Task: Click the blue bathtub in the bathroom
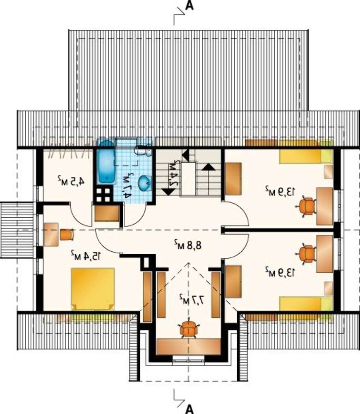(x=106, y=162)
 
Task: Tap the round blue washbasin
(x=145, y=183)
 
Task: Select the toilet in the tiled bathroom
(x=142, y=151)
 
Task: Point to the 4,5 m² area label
(x=71, y=181)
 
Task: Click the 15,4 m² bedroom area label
(x=85, y=255)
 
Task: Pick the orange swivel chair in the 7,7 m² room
(x=188, y=329)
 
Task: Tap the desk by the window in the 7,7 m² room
(x=188, y=347)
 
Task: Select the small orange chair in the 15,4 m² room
(x=66, y=234)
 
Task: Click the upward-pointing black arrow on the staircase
(x=209, y=166)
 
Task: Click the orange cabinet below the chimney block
(x=107, y=213)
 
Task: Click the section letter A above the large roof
(x=189, y=5)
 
